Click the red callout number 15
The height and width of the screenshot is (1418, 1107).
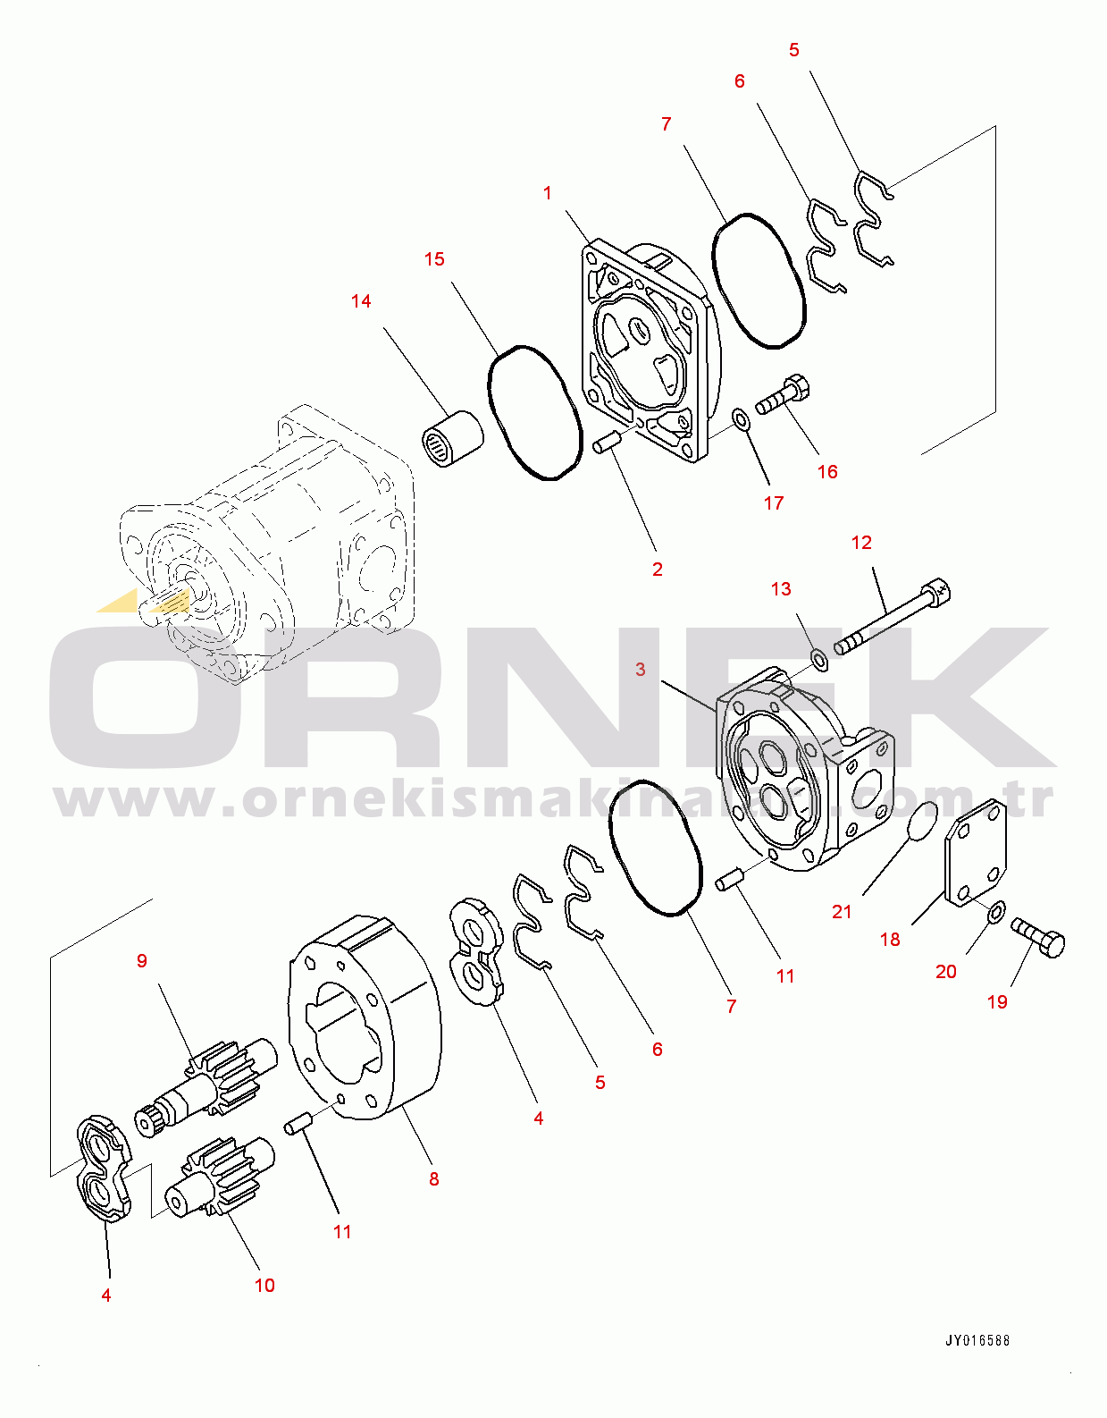(x=434, y=259)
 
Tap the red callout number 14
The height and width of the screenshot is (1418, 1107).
(x=361, y=300)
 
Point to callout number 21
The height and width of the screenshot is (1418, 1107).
(x=842, y=912)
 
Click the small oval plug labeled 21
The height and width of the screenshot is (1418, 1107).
(x=922, y=822)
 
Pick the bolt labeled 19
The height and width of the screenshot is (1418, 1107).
(x=1038, y=938)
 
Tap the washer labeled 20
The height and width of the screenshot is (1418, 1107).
(x=996, y=912)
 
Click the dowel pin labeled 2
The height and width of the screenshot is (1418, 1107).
(x=608, y=443)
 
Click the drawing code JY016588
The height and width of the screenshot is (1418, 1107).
(x=978, y=1340)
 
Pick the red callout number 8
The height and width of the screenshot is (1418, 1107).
(x=433, y=1179)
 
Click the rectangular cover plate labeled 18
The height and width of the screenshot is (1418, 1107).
(x=976, y=852)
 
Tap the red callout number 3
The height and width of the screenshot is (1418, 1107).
(x=641, y=670)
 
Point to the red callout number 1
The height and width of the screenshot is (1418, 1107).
(x=548, y=193)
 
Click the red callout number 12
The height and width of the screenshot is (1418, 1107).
(x=861, y=543)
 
